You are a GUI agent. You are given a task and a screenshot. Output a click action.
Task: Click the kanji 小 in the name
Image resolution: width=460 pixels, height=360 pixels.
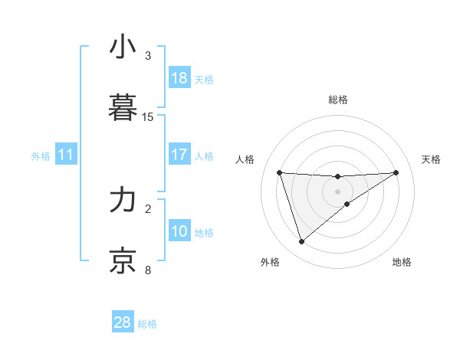(123, 47)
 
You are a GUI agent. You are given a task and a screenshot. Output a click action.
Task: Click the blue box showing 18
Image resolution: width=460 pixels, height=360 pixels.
(179, 78)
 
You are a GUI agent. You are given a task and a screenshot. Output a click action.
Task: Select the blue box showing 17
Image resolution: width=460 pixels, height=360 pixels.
(179, 155)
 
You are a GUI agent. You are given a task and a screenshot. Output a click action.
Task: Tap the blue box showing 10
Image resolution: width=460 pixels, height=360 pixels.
(179, 231)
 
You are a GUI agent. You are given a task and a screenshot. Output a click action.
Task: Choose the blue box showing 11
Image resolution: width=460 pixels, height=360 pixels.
(66, 155)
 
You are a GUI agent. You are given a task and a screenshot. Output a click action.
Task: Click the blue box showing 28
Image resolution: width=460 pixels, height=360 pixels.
(123, 322)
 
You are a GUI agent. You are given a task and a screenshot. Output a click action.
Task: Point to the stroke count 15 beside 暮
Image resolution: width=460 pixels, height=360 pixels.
(148, 117)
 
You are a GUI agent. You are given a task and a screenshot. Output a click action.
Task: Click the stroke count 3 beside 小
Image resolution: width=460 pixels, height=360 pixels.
(148, 56)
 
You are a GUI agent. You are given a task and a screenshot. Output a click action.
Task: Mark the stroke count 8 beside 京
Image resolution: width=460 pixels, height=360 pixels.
(148, 270)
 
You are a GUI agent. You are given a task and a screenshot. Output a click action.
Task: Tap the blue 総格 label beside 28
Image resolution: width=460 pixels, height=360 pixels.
(147, 324)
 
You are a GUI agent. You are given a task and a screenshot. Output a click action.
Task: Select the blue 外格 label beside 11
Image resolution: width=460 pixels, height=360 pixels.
(41, 156)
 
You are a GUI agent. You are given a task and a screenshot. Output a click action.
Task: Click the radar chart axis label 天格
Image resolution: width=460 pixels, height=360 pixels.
(431, 159)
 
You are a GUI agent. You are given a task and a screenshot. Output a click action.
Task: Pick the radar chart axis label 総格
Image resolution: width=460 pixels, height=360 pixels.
(338, 100)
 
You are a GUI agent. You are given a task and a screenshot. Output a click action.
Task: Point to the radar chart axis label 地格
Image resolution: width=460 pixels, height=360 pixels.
(402, 262)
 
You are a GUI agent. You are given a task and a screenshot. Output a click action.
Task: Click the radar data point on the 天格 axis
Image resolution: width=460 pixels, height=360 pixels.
(396, 172)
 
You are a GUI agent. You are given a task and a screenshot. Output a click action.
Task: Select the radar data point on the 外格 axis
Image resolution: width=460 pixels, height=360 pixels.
(301, 242)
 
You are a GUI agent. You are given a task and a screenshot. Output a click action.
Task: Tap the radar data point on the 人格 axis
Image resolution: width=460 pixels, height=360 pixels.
(280, 172)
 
